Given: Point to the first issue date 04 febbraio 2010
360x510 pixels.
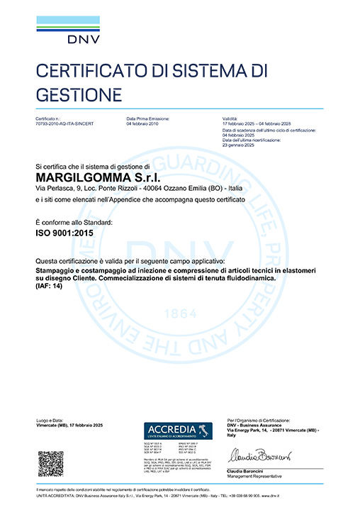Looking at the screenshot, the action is click(144, 123).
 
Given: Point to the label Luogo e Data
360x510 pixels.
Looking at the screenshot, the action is click(47, 421).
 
